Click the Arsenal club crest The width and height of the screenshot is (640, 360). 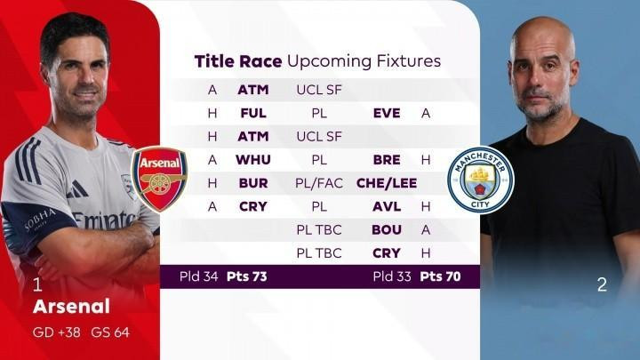coord(159,180)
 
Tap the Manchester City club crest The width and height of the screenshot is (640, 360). coord(480,180)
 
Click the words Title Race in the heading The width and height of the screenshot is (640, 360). coord(238,61)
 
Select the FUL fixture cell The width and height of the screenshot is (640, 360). coord(253,113)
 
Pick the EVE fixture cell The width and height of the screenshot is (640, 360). coord(387,113)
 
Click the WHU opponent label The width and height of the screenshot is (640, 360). coord(253,160)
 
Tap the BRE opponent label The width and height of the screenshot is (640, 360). coord(387,160)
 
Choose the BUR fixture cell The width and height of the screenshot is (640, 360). coord(253,183)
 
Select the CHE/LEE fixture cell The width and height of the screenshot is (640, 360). coord(387,183)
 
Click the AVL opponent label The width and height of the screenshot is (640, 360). coord(387,206)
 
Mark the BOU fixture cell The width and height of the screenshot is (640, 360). coord(387,230)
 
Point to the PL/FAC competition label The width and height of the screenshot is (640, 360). coord(319,183)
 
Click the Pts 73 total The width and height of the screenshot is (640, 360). coord(246,276)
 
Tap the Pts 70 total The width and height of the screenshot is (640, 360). coord(440,276)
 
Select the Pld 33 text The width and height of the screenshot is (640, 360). coord(392,276)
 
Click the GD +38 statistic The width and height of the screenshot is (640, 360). coord(56,332)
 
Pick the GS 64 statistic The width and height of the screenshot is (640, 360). coord(110,332)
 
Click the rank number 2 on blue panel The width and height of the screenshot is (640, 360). coord(602,284)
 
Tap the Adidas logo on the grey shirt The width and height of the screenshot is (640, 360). coord(76,190)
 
